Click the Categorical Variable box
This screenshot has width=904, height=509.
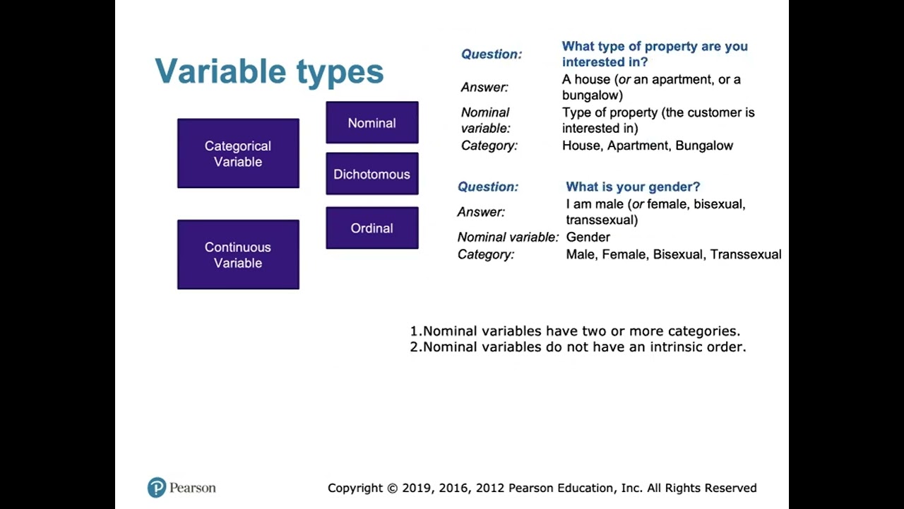tap(238, 153)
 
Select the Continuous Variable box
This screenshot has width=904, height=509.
tap(238, 255)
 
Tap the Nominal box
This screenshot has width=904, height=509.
tap(371, 123)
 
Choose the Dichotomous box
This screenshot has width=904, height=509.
tap(371, 174)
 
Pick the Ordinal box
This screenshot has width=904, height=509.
tap(371, 228)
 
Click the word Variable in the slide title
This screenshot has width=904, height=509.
tap(222, 71)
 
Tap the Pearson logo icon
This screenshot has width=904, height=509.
tap(156, 488)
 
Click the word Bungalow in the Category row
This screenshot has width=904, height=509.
tap(704, 146)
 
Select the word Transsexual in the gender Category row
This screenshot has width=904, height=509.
tap(746, 255)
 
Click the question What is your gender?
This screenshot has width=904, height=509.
tap(633, 187)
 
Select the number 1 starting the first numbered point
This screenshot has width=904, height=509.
tap(414, 331)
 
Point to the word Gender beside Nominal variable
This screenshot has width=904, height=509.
tap(588, 238)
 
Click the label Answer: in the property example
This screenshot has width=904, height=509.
tap(484, 88)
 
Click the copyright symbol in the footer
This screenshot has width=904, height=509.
tap(393, 488)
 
